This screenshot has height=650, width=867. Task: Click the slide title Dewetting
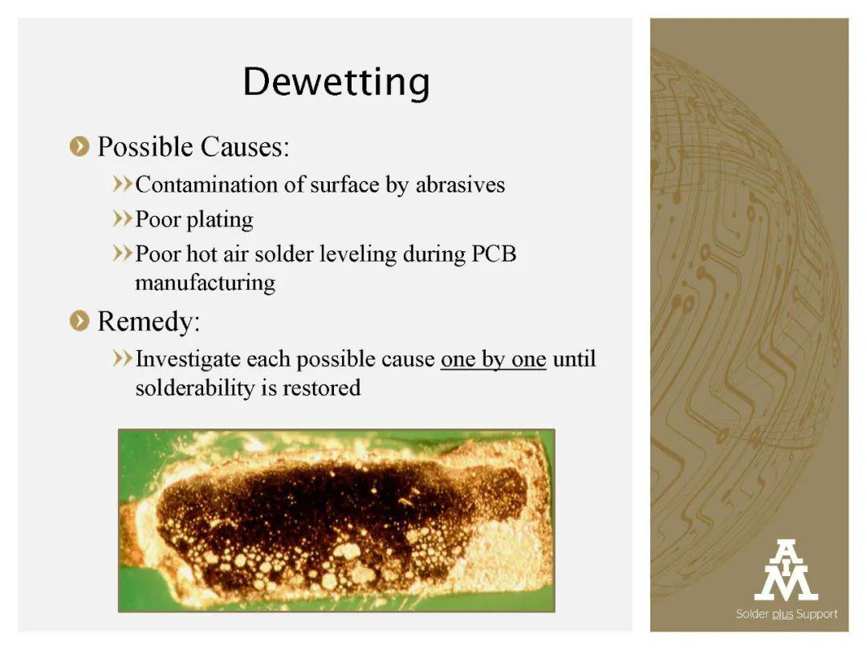(x=336, y=83)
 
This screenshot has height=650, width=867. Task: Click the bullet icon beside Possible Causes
(x=79, y=147)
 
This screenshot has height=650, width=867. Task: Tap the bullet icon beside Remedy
(x=79, y=321)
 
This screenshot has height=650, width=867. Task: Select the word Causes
(x=244, y=147)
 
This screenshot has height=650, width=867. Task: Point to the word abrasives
(x=460, y=185)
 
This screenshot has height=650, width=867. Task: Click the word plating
(x=219, y=220)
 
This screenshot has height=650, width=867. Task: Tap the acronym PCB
(x=494, y=254)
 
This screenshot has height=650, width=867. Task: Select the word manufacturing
(x=206, y=283)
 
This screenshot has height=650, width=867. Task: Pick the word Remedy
(x=149, y=322)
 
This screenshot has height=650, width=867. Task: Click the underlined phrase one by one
(x=493, y=360)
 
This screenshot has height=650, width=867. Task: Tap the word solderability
(x=194, y=388)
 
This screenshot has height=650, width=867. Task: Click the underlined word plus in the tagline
(x=783, y=614)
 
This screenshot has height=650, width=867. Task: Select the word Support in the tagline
(x=816, y=614)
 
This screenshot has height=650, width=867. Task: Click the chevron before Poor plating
(x=122, y=219)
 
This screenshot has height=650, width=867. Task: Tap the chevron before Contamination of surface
(x=122, y=184)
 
